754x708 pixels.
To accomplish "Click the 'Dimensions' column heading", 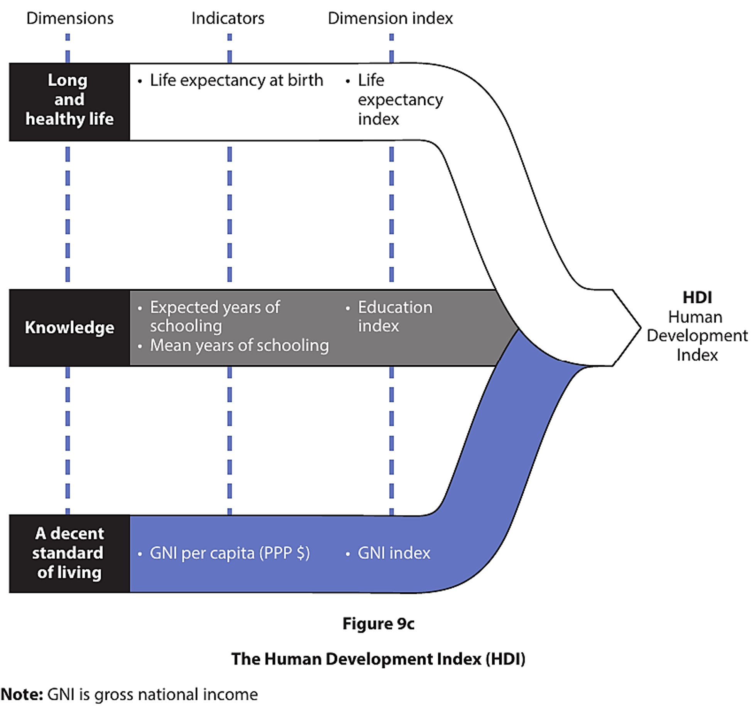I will pyautogui.click(x=70, y=18).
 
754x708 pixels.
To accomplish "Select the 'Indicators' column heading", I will pyautogui.click(x=228, y=18).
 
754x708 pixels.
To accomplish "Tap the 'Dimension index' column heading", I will pyautogui.click(x=390, y=18).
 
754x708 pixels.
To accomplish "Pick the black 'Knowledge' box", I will pyautogui.click(x=69, y=328).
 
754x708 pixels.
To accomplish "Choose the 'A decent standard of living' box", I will pyautogui.click(x=69, y=553).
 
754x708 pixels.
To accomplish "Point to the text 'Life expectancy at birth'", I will pyautogui.click(x=236, y=81).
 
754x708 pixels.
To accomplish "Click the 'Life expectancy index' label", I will pyautogui.click(x=400, y=100).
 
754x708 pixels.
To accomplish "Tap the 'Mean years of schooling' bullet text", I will pyautogui.click(x=239, y=345).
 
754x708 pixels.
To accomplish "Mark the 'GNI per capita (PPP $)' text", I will pyautogui.click(x=230, y=553).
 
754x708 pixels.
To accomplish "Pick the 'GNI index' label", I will pyautogui.click(x=394, y=553).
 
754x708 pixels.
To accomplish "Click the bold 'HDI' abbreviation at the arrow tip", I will pyautogui.click(x=697, y=298).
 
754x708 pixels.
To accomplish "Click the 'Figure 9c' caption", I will pyautogui.click(x=378, y=624).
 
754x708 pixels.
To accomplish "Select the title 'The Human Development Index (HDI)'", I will pyautogui.click(x=378, y=659).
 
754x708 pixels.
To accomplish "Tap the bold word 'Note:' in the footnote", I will pyautogui.click(x=22, y=695).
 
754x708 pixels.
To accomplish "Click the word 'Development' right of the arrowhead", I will pyautogui.click(x=697, y=336).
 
